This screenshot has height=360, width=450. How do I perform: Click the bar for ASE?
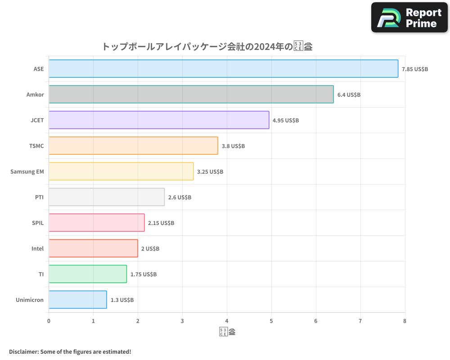click(223, 69)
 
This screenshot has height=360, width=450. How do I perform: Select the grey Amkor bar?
click(191, 94)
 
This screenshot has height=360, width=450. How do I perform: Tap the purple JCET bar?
click(159, 120)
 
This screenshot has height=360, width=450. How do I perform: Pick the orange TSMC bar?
click(133, 146)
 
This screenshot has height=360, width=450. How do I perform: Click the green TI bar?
click(88, 274)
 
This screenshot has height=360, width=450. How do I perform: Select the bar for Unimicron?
click(78, 300)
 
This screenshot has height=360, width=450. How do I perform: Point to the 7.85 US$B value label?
click(415, 69)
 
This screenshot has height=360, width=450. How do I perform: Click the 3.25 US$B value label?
click(210, 172)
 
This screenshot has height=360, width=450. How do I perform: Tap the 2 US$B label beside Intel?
click(150, 249)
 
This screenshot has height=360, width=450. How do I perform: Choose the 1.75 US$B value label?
click(144, 274)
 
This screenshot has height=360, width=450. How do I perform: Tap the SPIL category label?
click(38, 223)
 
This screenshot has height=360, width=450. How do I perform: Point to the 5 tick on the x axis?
click(271, 321)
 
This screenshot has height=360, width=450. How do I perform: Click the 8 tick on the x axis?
click(405, 321)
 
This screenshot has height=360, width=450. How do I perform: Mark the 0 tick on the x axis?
click(49, 321)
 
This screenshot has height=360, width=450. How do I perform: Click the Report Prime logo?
click(409, 18)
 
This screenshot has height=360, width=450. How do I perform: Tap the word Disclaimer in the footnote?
click(23, 351)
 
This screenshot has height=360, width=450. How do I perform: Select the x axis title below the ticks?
click(227, 333)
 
